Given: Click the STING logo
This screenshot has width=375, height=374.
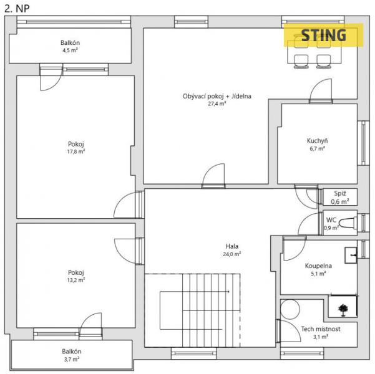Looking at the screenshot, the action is (x=324, y=35).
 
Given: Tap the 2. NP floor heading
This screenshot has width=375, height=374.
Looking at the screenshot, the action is (x=17, y=9).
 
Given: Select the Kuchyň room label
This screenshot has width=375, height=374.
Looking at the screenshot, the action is (x=317, y=140).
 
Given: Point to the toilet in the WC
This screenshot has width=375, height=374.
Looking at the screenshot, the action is (x=348, y=223).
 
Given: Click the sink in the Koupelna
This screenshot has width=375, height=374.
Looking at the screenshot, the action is (x=351, y=255).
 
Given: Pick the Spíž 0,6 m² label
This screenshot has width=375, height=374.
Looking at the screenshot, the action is (x=340, y=198).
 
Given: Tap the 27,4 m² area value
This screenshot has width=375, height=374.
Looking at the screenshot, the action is (x=217, y=103).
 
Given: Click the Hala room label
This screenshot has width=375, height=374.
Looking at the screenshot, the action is (x=231, y=246).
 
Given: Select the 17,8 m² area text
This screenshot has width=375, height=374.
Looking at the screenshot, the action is (x=76, y=151).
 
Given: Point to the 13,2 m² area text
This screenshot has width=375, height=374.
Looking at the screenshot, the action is (x=76, y=280).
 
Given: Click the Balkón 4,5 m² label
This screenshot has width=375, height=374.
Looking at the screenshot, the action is (x=70, y=46).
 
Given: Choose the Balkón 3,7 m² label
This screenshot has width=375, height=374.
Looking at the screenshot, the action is (x=72, y=355).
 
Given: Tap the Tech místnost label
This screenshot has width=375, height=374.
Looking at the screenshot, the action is (x=321, y=329).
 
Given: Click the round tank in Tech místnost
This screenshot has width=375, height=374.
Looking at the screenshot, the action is (x=290, y=309).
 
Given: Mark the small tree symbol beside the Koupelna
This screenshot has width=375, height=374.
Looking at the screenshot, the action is (x=343, y=310).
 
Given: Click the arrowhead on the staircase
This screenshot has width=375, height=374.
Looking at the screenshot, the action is (x=228, y=292).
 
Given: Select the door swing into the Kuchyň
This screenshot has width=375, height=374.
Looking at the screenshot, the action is (x=321, y=90).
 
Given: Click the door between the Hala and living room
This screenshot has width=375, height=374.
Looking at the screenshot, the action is (x=213, y=175).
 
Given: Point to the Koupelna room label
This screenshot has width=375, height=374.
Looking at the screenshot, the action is (x=318, y=266).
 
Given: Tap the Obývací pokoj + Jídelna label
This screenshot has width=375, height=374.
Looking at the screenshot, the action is (x=217, y=96).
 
